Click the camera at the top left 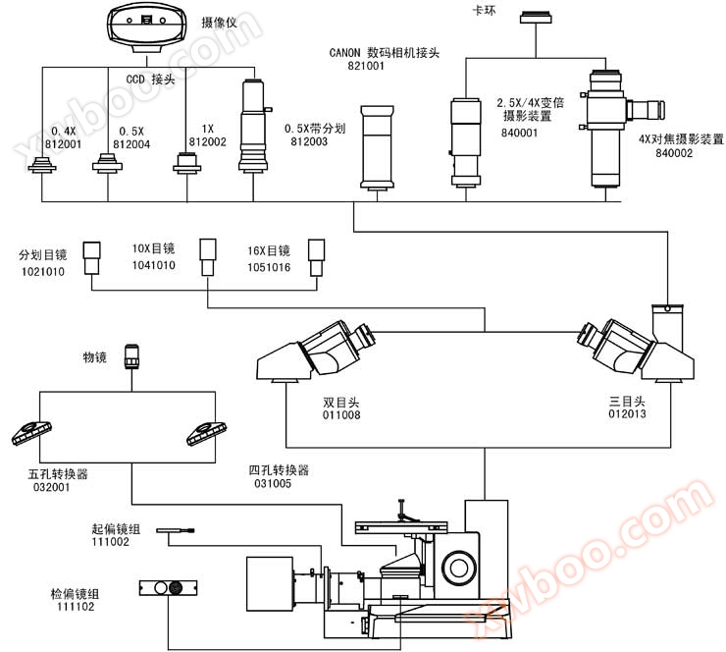click(146, 25)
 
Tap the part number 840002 click(676, 153)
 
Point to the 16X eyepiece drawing click(316, 255)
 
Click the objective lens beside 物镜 click(133, 355)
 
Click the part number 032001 click(51, 487)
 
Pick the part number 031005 click(270, 484)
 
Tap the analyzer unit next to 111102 click(170, 588)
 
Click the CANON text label click(346, 53)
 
